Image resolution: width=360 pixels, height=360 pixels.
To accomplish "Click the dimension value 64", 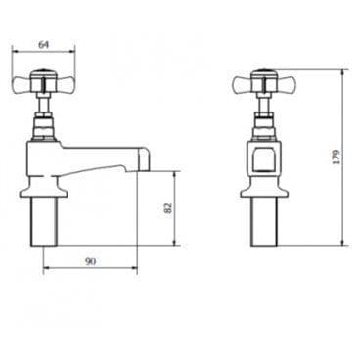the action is pyautogui.click(x=44, y=44).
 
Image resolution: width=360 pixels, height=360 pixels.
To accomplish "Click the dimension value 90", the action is pyautogui.click(x=90, y=261).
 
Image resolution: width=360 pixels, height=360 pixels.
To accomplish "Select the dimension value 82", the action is pyautogui.click(x=167, y=208).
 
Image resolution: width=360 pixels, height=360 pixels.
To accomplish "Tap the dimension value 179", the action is pyautogui.click(x=337, y=157).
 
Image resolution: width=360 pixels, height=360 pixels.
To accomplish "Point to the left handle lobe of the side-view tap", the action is pyautogui.click(x=21, y=84).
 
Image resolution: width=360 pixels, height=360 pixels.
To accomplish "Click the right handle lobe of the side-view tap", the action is pyautogui.click(x=66, y=84).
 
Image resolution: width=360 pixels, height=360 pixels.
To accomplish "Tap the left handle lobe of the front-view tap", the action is pyautogui.click(x=243, y=84).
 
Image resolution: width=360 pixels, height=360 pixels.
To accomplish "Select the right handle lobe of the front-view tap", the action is pyautogui.click(x=286, y=84).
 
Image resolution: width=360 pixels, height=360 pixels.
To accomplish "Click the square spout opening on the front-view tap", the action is pyautogui.click(x=264, y=159).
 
